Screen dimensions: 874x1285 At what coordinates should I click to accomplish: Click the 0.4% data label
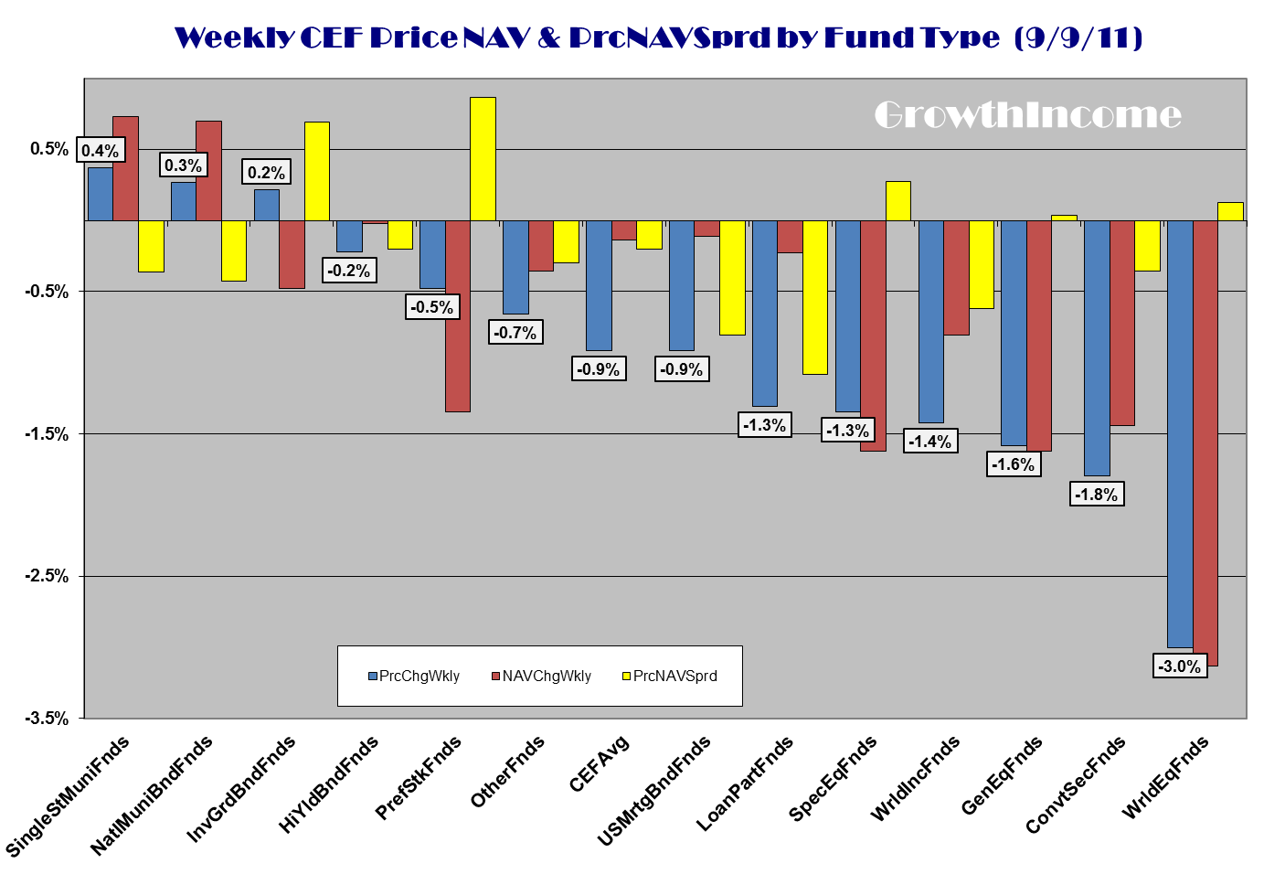pyautogui.click(x=100, y=151)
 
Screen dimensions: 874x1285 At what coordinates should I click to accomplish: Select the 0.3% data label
pyautogui.click(x=183, y=165)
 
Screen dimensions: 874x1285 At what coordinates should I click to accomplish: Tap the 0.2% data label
pyautogui.click(x=266, y=173)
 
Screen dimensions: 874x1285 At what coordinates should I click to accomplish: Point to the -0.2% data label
pyautogui.click(x=349, y=271)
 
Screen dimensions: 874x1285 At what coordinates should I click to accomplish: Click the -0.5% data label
pyautogui.click(x=432, y=307)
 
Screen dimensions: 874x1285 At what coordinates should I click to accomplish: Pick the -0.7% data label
pyautogui.click(x=515, y=333)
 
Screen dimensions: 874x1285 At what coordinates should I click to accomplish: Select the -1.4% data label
pyautogui.click(x=930, y=442)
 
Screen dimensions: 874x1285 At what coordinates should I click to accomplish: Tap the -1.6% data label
pyautogui.click(x=1014, y=464)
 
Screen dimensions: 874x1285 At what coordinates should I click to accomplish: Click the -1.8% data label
pyautogui.click(x=1097, y=495)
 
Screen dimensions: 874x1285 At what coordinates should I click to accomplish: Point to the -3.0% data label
pyautogui.click(x=1180, y=666)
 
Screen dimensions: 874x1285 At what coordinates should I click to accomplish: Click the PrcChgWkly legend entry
pyautogui.click(x=414, y=677)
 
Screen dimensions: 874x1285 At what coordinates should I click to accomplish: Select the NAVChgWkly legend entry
pyautogui.click(x=541, y=677)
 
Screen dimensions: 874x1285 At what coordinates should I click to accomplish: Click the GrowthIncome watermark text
pyautogui.click(x=1027, y=115)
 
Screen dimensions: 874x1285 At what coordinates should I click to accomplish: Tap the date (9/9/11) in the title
pyautogui.click(x=1078, y=37)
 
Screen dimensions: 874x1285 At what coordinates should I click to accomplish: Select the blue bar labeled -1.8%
pyautogui.click(x=1097, y=347)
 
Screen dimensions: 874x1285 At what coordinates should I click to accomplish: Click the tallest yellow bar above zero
pyautogui.click(x=483, y=159)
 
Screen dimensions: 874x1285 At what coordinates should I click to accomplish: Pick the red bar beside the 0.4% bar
pyautogui.click(x=125, y=168)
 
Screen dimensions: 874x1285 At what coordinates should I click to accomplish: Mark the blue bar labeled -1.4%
pyautogui.click(x=930, y=321)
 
